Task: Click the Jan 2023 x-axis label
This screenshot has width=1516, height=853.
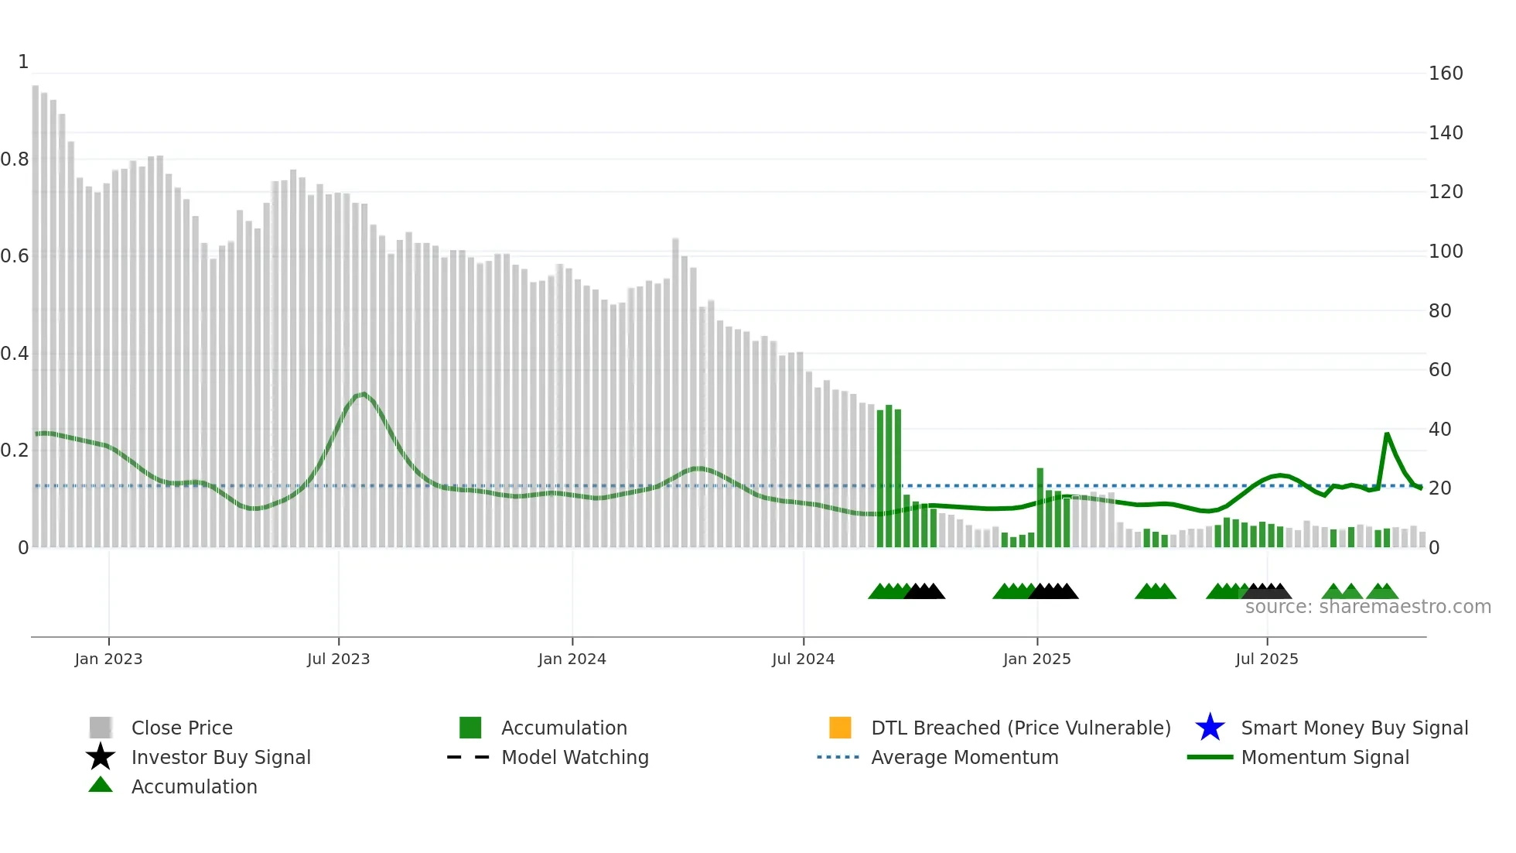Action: point(108,659)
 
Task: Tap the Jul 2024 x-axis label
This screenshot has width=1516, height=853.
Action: point(803,659)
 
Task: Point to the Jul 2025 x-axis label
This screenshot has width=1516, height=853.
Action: point(1266,659)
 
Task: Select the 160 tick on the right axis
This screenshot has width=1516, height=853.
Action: point(1445,74)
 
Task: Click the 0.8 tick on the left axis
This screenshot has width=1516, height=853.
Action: point(15,159)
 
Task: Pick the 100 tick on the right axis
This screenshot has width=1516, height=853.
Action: point(1445,252)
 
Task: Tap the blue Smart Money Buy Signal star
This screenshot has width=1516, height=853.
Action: point(1210,728)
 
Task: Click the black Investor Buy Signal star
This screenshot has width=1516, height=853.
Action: point(101,757)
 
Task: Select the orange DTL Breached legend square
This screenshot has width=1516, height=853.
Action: point(840,728)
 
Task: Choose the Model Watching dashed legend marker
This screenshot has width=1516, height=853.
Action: point(469,757)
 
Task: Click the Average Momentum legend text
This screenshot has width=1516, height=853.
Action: point(965,757)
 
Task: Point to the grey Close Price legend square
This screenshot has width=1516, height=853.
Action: point(101,728)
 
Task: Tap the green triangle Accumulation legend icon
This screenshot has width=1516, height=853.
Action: point(101,785)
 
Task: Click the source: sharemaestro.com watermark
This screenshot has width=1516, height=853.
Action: point(1367,607)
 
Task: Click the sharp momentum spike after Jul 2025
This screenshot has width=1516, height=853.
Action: point(1387,434)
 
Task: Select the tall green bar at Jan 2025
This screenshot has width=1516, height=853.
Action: point(1040,507)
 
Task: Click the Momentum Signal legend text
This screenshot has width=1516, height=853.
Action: point(1325,757)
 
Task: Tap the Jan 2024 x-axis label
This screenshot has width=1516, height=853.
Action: point(572,659)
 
